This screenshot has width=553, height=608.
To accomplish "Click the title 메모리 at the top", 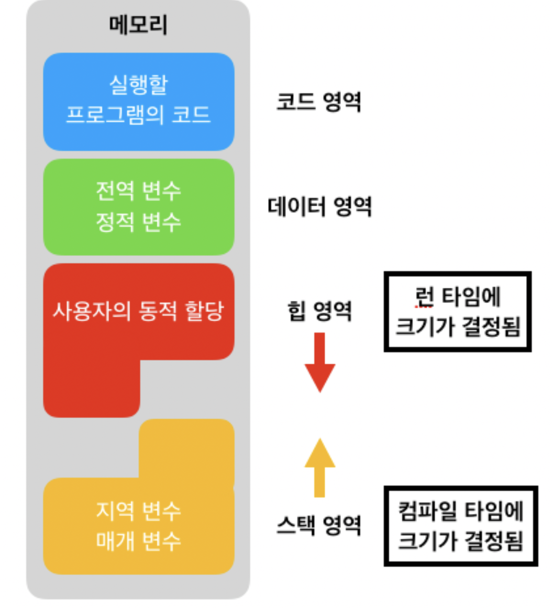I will (138, 25).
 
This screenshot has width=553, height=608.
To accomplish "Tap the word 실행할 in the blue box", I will (138, 84).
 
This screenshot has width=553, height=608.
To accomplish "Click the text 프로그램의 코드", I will (138, 114).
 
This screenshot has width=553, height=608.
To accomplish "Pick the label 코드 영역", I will (319, 101).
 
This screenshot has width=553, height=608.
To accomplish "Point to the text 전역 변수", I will (138, 190).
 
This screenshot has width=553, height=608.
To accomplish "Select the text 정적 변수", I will (138, 221).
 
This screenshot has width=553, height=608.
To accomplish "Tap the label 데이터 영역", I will (319, 207).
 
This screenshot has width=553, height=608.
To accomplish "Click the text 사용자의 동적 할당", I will (138, 311).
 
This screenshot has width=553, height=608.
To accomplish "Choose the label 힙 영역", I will (319, 311).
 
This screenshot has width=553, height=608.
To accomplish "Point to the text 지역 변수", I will (138, 510).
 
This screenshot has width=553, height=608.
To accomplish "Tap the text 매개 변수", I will (138, 541).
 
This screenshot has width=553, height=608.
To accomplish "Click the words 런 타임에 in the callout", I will (458, 297).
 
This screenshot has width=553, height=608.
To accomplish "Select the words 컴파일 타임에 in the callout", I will (461, 511).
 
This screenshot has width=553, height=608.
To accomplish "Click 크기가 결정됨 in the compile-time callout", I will (461, 541).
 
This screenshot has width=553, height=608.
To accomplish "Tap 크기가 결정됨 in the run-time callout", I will (458, 326).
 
